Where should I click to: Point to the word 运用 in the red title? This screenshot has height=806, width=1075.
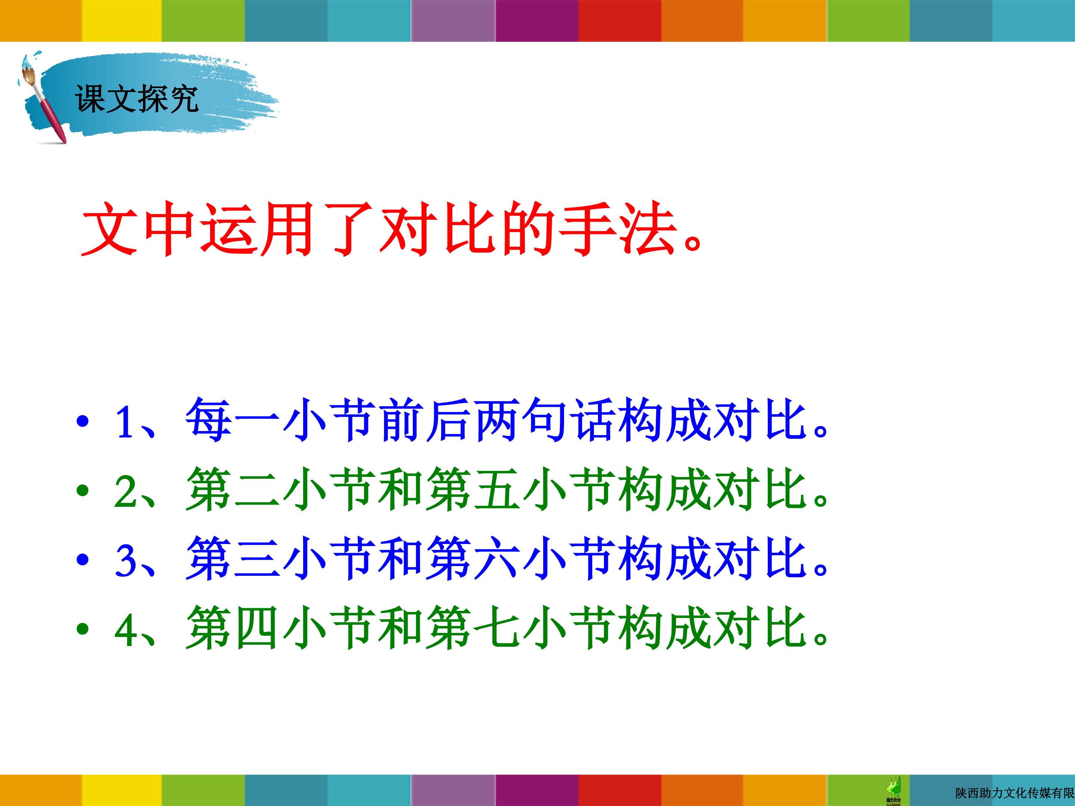(261, 228)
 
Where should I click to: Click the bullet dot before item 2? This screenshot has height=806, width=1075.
(83, 491)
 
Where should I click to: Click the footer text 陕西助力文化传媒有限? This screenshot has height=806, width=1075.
(1015, 793)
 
